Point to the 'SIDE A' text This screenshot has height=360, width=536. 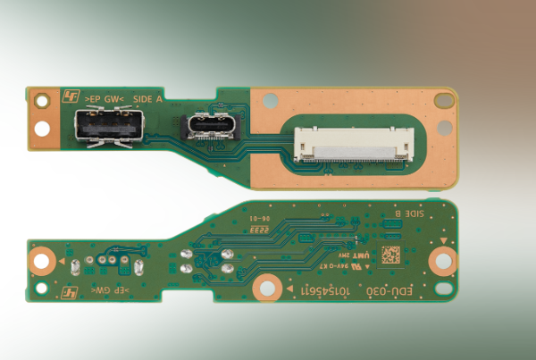[x=147, y=98]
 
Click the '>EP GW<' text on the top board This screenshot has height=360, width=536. [x=105, y=98]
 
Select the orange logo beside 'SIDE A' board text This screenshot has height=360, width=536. [x=71, y=96]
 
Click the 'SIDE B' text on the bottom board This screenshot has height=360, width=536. [x=410, y=214]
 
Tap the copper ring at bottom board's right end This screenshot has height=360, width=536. [x=442, y=260]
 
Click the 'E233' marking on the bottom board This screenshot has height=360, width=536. [x=260, y=230]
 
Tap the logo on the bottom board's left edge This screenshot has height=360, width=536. [x=73, y=292]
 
